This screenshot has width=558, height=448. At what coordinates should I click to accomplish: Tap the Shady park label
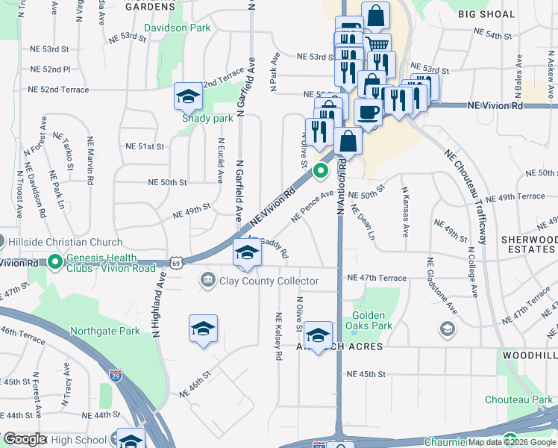tap(208, 118)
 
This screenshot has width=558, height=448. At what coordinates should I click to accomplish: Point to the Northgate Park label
tap(104, 331)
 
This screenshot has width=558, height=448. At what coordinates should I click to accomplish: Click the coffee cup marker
tap(368, 112)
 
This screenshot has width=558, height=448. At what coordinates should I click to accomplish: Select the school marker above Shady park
tap(188, 96)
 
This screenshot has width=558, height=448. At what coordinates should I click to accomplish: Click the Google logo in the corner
tap(25, 440)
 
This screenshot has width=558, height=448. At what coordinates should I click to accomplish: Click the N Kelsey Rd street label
tap(278, 337)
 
